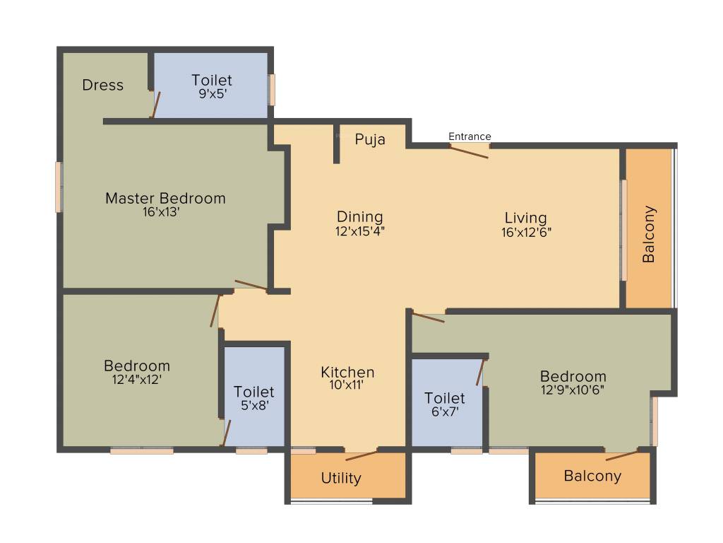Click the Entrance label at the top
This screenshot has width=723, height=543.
tap(470, 136)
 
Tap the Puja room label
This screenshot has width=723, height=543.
tap(370, 139)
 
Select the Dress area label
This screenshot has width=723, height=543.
tap(103, 85)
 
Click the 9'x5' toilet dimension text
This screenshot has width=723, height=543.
tap(212, 93)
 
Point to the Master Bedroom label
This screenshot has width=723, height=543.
tap(165, 198)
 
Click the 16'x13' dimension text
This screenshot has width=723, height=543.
tap(162, 211)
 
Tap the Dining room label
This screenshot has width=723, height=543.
tap(359, 217)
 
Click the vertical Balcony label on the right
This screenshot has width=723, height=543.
tap(649, 234)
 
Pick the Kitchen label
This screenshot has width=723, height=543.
tap(347, 372)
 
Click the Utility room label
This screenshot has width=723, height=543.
tap(341, 478)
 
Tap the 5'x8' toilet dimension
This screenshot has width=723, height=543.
tap(254, 405)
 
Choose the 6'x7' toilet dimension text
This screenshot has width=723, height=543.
tap(445, 411)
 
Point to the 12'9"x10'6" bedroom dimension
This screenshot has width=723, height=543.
tap(573, 389)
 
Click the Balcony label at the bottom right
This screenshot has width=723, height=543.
tap(592, 476)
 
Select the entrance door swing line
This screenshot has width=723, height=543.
tap(470, 152)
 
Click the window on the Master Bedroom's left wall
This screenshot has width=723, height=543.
tap(59, 187)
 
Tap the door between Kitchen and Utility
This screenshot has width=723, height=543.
tap(361, 454)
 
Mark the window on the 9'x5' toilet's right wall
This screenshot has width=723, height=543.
tap(272, 90)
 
